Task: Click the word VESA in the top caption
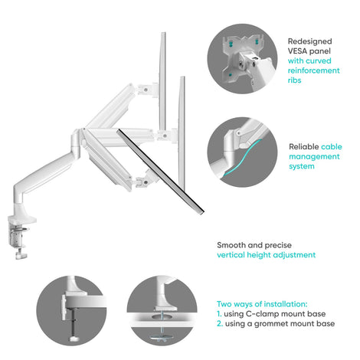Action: click(297, 51)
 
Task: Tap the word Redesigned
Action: click(310, 41)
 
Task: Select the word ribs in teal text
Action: click(295, 80)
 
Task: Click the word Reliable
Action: click(304, 147)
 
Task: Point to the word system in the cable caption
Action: click(302, 166)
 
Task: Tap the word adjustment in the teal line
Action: click(294, 255)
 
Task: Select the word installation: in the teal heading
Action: click(286, 304)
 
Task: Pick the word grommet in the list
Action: click(271, 324)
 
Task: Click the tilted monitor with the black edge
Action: click(160, 171)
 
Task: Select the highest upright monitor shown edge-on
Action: click(163, 81)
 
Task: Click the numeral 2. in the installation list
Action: click(220, 324)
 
